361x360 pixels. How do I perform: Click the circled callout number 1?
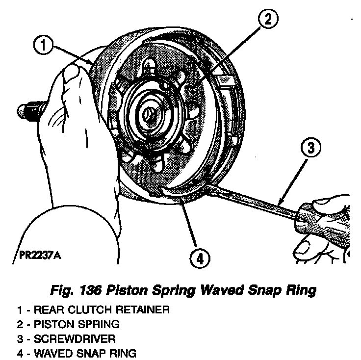click(x=43, y=47)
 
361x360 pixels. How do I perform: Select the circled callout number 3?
click(x=311, y=148)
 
